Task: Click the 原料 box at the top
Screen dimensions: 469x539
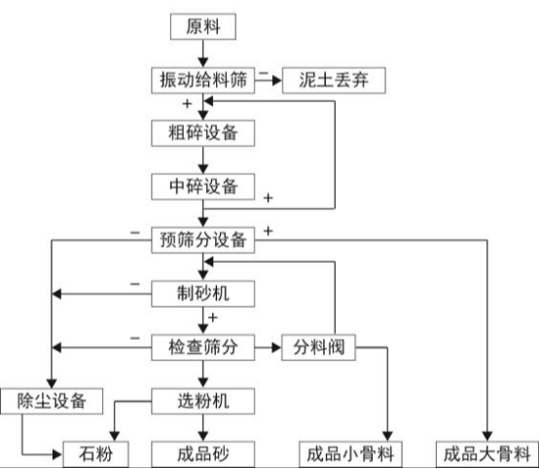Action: click(x=203, y=26)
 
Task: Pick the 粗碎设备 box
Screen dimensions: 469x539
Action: click(x=203, y=131)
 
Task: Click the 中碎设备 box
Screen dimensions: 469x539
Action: click(x=203, y=184)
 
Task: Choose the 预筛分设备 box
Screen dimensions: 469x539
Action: click(x=203, y=238)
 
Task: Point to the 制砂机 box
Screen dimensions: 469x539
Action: click(x=203, y=292)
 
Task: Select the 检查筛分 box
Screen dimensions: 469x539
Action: click(x=203, y=345)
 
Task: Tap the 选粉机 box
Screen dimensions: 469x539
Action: click(x=203, y=399)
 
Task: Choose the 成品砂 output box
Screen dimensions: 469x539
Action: click(x=203, y=452)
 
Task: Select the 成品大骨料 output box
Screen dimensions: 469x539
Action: click(x=485, y=452)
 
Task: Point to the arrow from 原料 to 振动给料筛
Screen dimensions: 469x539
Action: click(x=203, y=53)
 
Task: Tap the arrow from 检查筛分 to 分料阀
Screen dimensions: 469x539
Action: click(x=269, y=345)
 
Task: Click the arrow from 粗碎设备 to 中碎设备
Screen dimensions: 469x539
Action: click(x=203, y=158)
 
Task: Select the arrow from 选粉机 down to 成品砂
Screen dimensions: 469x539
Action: click(x=203, y=426)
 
